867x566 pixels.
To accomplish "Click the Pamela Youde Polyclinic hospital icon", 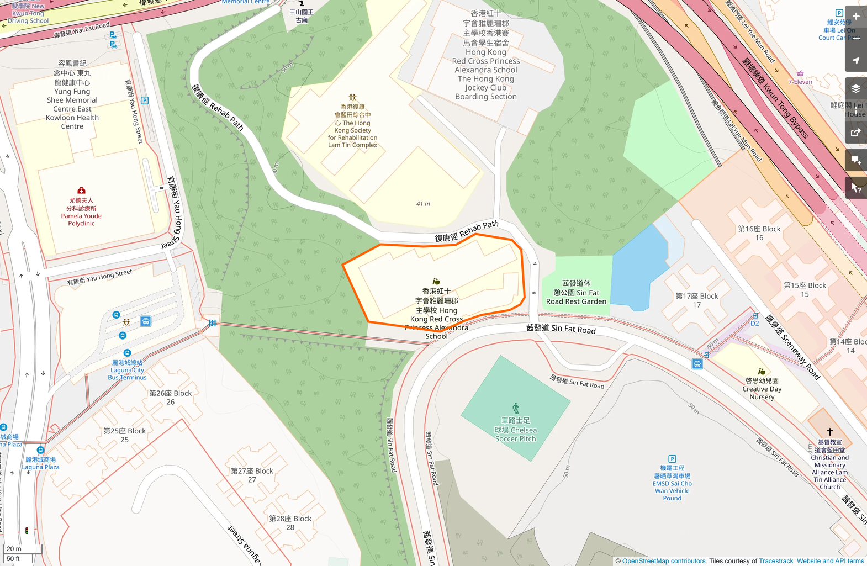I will coord(81,191).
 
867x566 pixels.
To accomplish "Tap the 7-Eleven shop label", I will coord(800,82).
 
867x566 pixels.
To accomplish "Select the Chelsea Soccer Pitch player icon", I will coord(516,408).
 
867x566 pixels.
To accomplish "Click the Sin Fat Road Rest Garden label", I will coord(576,293).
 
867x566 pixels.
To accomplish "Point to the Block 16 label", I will coord(759,233).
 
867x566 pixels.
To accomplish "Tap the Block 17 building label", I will coord(697,300).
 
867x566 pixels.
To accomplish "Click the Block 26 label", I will coord(171,398).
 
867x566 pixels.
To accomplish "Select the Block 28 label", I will coord(290,523).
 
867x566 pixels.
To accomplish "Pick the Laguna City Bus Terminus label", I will coord(127,370).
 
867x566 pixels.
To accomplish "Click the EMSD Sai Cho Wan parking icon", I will coord(672,459).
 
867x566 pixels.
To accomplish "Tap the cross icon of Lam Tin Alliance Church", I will coord(829,432).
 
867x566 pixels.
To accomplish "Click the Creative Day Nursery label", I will coord(762,389).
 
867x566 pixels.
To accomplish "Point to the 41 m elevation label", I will coord(423,204).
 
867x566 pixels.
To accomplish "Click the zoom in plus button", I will coord(856,17).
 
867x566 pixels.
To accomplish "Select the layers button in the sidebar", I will coord(856,89).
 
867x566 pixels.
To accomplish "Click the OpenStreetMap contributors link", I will coord(664,561).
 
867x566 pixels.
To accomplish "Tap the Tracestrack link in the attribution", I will coord(776,561).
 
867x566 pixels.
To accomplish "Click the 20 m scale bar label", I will coord(14,549).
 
